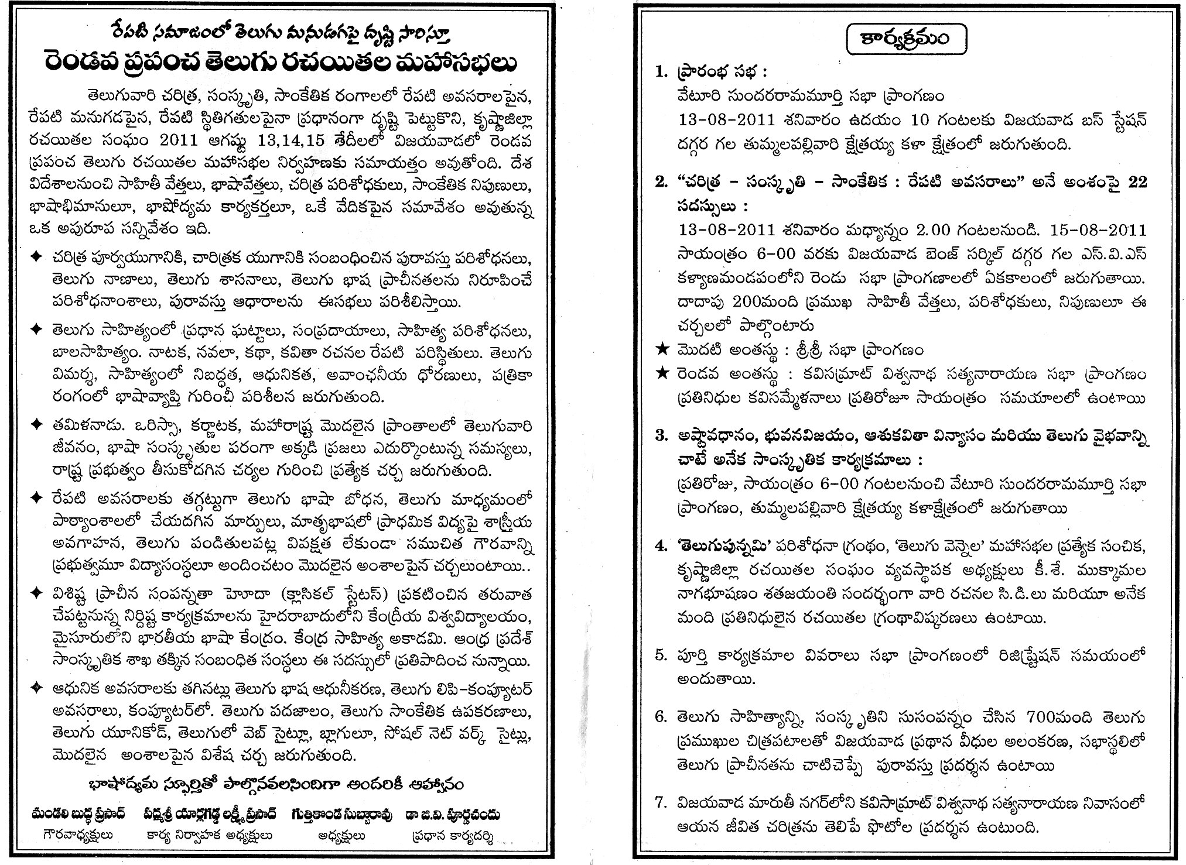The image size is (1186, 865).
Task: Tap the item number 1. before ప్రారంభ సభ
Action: tap(661, 72)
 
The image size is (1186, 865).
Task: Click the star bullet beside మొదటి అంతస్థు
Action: tap(661, 350)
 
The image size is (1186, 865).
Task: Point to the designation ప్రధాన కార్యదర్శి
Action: tap(452, 836)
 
